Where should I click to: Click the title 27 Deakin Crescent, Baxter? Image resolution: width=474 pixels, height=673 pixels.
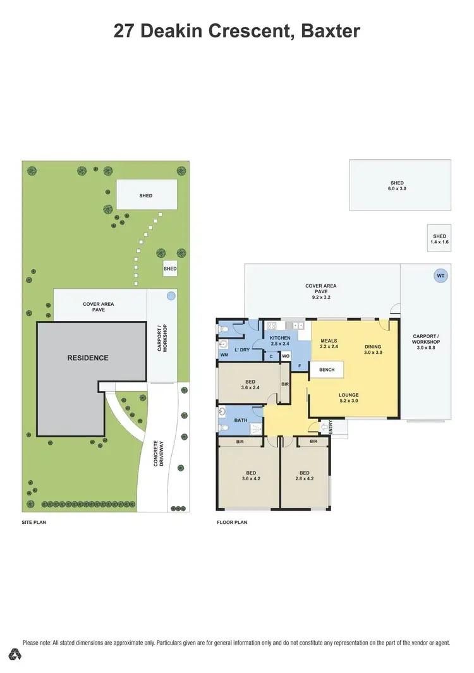click(237, 31)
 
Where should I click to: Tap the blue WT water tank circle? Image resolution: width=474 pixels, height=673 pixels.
click(440, 276)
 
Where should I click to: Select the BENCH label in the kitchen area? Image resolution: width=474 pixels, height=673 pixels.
click(326, 370)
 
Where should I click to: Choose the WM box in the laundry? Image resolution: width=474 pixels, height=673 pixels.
click(224, 355)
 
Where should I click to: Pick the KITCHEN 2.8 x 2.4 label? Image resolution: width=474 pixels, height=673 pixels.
click(280, 341)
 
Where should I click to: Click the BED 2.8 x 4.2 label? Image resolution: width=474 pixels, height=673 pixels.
click(304, 476)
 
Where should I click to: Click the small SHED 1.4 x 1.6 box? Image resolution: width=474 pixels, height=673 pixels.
click(439, 239)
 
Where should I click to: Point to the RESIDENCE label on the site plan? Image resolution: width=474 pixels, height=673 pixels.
click(88, 358)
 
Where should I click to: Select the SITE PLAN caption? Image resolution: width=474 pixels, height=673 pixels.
click(34, 523)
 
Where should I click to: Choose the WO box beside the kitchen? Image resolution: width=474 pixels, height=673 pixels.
click(285, 356)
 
